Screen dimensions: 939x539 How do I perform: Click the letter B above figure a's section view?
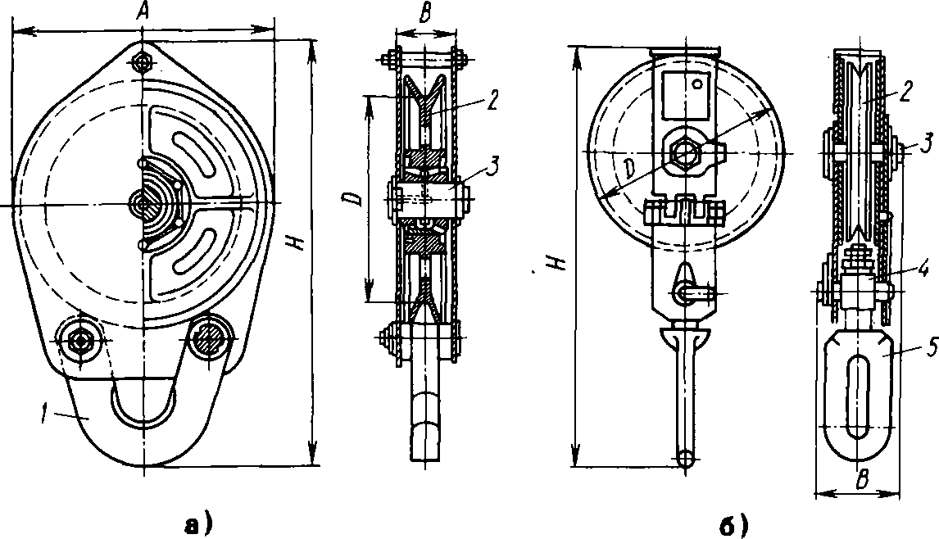pos(424,16)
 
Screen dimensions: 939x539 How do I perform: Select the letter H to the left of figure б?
pos(558,261)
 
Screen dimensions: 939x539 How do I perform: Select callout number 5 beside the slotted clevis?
pos(930,349)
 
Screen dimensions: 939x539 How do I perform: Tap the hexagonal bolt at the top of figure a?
pos(143,61)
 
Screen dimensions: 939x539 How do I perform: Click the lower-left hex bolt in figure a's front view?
pos(79,340)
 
